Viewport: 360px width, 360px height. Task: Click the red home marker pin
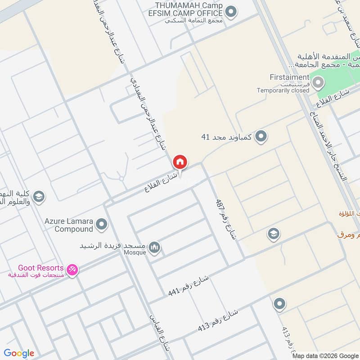180,162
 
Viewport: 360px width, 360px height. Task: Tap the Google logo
19,353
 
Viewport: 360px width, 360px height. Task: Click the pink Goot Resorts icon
72,270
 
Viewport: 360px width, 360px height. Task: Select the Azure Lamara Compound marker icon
102,223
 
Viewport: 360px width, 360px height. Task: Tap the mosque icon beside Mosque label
155,247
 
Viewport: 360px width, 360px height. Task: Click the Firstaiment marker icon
318,82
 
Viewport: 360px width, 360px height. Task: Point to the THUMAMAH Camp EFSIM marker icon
231,12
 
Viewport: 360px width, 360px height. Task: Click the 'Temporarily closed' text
283,90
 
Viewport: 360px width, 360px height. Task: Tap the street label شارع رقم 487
226,220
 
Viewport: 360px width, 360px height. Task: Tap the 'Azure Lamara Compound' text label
68,225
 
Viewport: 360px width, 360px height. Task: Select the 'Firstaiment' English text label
289,77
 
